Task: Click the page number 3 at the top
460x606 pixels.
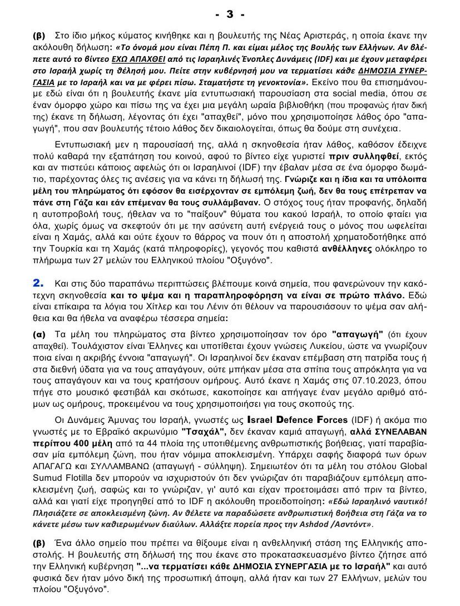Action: pos(230,13)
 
